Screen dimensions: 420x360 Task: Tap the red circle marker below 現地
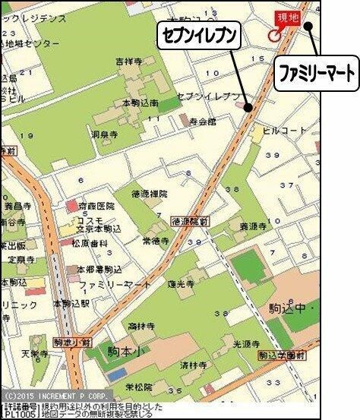click(274, 35)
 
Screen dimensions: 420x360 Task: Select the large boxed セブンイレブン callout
click(199, 35)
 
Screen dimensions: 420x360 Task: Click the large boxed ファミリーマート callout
click(314, 75)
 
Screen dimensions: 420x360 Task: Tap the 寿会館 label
click(204, 121)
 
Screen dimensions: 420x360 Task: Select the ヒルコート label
click(283, 131)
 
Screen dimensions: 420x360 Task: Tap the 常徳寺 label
click(154, 240)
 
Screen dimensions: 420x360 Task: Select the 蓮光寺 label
click(181, 282)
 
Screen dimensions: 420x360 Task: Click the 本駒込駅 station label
click(72, 303)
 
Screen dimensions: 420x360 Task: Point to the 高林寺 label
click(142, 326)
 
